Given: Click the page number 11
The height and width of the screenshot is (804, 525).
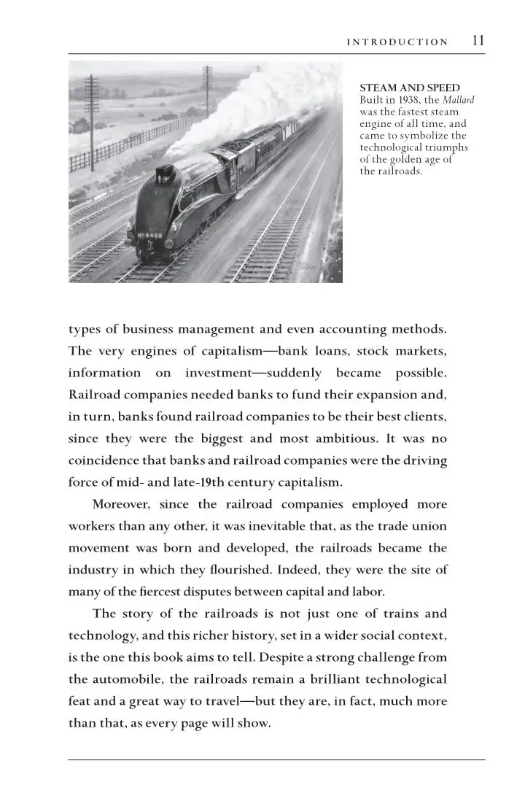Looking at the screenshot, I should (x=478, y=41).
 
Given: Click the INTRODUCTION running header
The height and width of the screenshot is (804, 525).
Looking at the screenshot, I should (x=397, y=42).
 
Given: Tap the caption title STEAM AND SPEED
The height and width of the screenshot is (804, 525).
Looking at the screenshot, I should (x=410, y=88).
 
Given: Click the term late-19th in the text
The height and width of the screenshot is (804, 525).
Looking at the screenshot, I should (x=184, y=482).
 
